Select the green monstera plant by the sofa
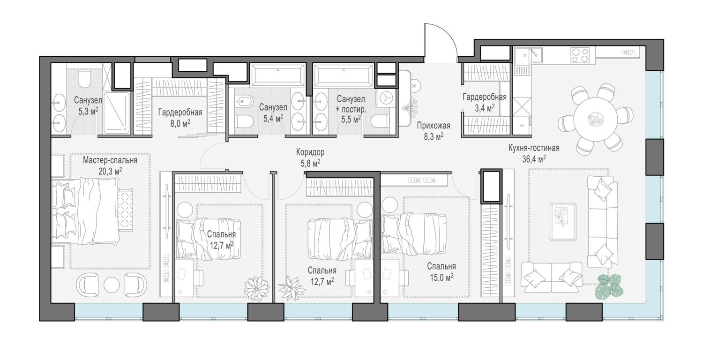tap(609, 286)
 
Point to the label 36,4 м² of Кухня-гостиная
tap(534, 159)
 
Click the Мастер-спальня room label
tap(110, 160)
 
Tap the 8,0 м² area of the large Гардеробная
tap(180, 123)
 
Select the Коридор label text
tap(310, 152)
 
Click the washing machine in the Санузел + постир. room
tap(386, 98)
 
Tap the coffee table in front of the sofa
tap(563, 222)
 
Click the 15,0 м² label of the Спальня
tap(441, 277)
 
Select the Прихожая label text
tap(434, 126)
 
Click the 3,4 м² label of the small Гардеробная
tap(485, 108)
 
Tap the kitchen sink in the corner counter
tap(529, 55)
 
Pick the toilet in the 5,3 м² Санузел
tap(84, 78)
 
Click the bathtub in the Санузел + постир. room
tap(344, 75)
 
